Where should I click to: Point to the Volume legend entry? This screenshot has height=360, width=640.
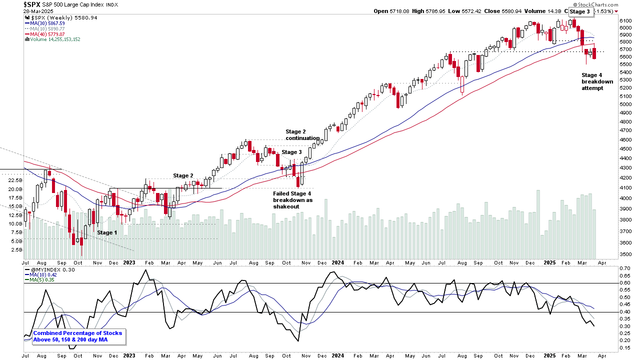(52, 39)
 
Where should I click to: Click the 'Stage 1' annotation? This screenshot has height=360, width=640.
(107, 232)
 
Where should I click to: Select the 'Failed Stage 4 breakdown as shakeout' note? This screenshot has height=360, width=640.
(292, 200)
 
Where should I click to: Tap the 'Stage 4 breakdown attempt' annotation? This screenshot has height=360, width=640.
(597, 81)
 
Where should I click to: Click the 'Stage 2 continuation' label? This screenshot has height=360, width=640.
(302, 135)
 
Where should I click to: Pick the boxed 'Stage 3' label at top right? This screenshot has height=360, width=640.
(579, 11)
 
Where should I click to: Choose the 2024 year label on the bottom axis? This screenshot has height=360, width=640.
(337, 262)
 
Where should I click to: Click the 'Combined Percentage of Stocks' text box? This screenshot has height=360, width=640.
(77, 336)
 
